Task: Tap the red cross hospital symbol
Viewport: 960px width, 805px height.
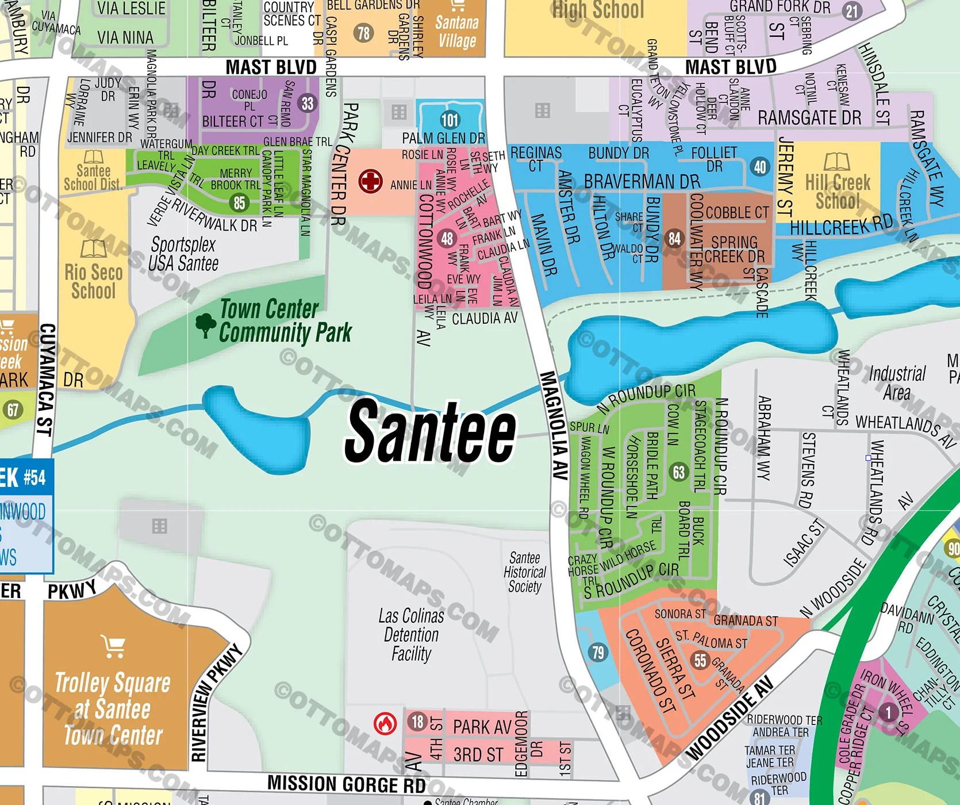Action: [x=371, y=182]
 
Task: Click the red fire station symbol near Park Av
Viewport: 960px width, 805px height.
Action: [x=385, y=723]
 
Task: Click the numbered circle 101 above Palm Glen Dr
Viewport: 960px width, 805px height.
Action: [x=450, y=120]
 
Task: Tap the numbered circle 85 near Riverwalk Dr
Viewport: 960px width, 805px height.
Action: [x=239, y=202]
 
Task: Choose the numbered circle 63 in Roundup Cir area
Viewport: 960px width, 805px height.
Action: [x=679, y=472]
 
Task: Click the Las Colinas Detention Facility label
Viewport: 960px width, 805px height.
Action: [x=411, y=635]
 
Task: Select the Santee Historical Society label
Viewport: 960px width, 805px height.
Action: [x=524, y=572]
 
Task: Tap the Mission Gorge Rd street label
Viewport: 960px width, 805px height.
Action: [x=346, y=784]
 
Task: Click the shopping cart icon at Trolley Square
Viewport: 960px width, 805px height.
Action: [x=113, y=646]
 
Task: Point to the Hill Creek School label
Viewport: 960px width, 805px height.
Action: [x=838, y=191]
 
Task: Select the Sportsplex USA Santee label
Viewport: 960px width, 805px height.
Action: [x=183, y=254]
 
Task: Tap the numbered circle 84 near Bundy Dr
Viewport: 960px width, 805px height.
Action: [x=675, y=238]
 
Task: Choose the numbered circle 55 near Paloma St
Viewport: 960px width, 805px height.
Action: [x=700, y=660]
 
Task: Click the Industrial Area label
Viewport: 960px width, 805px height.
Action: [x=897, y=383]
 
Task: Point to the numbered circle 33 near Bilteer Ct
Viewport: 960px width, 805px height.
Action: [x=308, y=103]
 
